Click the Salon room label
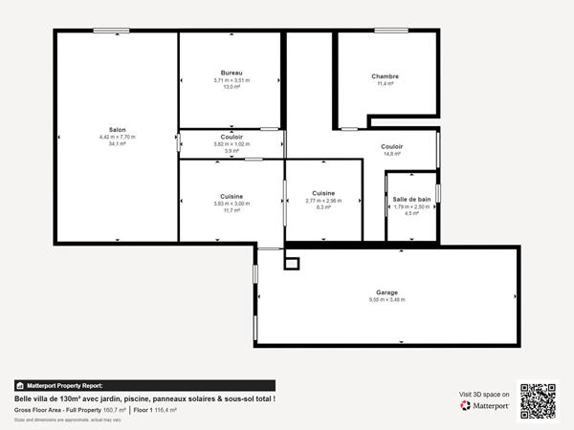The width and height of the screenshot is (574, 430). tap(118, 129)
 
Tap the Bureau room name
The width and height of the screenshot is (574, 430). tap(231, 74)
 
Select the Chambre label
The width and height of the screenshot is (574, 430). tap(386, 76)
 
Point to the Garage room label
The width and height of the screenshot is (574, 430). tap(386, 292)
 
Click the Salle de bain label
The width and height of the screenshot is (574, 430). tap(411, 199)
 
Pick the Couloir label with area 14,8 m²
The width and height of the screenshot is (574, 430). tap(391, 146)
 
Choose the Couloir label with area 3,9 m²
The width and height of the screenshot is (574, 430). tap(231, 137)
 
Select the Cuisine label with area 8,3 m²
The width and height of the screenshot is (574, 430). tap(322, 193)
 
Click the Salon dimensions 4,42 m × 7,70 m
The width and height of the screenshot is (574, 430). tap(118, 137)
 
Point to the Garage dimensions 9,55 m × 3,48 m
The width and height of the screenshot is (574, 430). tap(386, 300)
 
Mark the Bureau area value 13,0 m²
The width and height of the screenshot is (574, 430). tap(231, 87)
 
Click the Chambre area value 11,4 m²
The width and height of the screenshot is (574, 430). tap(386, 84)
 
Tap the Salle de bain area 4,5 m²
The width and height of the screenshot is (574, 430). tap(411, 213)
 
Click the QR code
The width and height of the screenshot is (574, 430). tap(538, 401)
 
